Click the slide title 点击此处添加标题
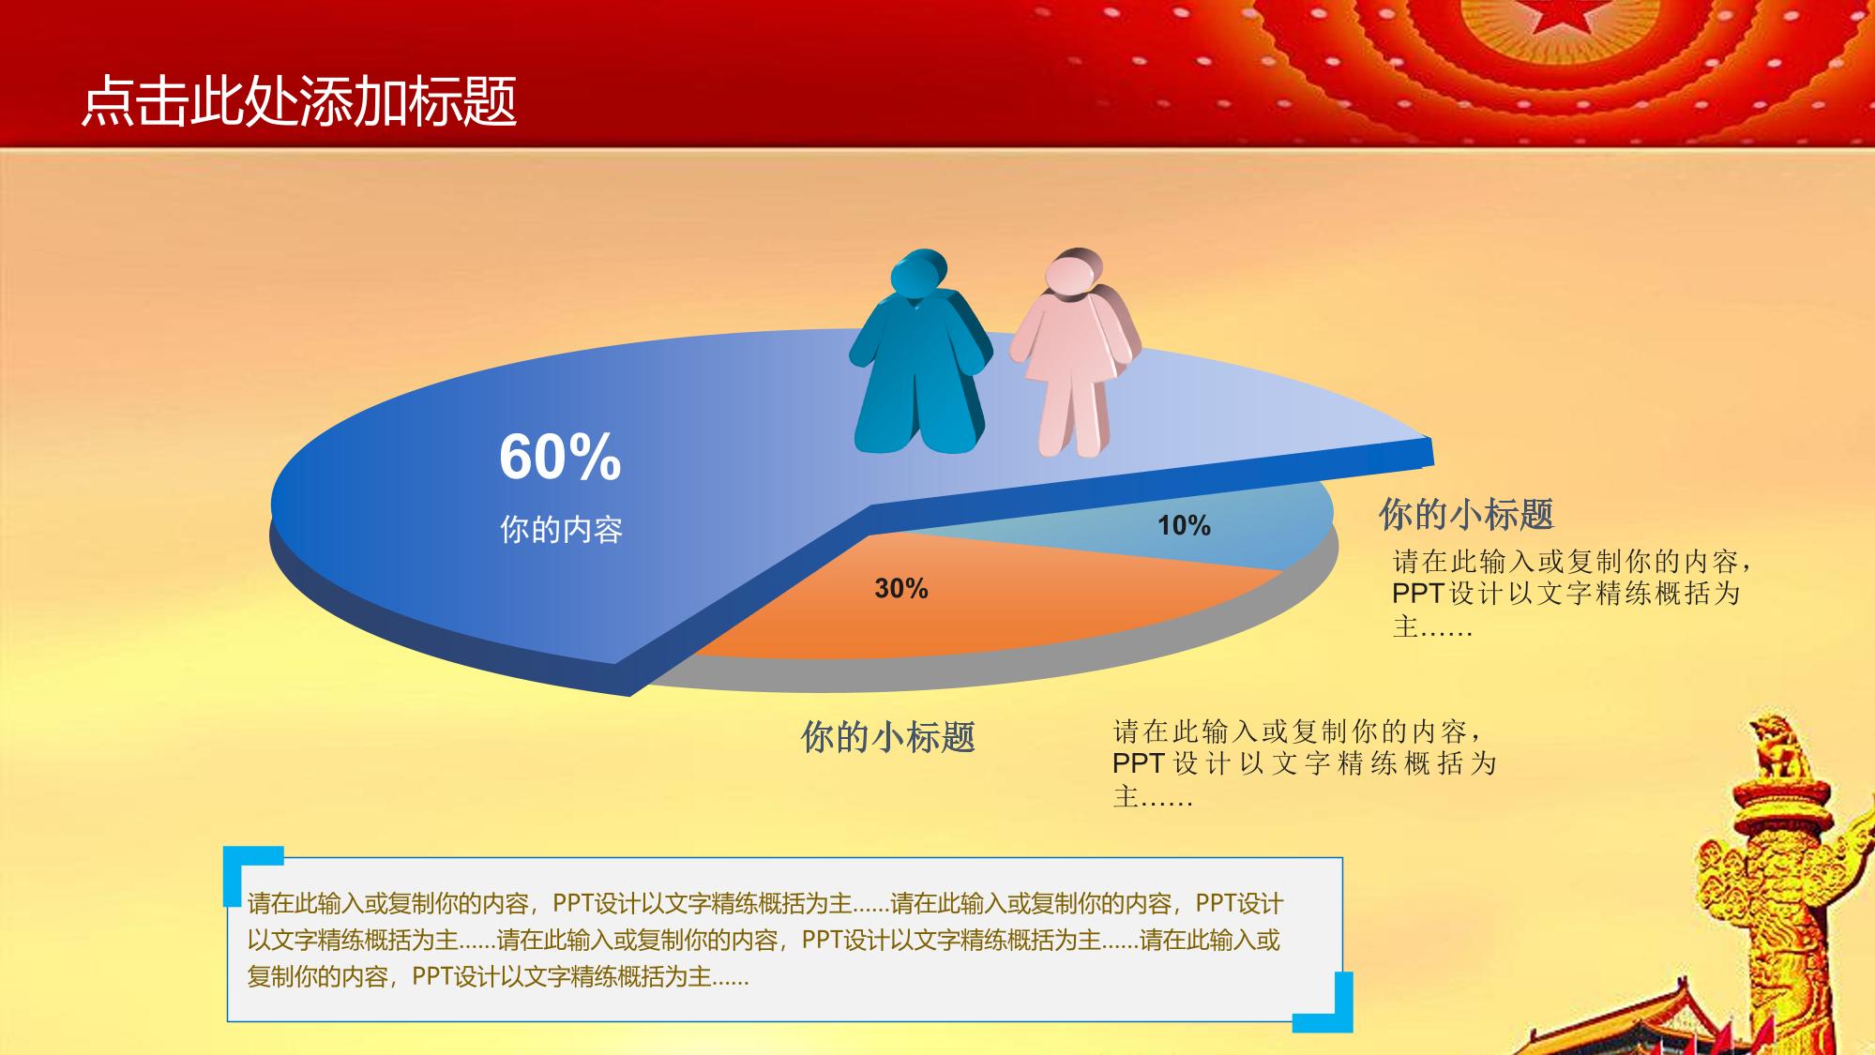299,100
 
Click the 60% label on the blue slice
560,457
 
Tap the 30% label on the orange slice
901,588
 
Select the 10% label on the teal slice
1184,525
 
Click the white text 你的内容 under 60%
561,530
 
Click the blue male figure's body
919,375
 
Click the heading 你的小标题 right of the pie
1466,514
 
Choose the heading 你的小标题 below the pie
887,737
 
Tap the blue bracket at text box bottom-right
1332,1008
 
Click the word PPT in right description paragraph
1417,594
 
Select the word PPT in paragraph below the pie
1139,762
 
